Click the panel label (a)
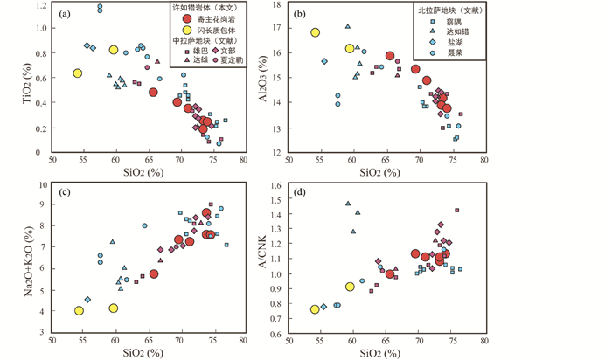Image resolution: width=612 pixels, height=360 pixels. (64, 14)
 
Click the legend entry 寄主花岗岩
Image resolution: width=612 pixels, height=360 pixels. (212, 19)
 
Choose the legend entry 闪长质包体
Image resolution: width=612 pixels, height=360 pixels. (212, 31)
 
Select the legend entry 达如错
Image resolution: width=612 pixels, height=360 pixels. (459, 31)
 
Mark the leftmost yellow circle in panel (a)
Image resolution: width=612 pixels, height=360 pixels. (77, 73)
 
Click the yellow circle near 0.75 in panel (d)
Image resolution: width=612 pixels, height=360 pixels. (315, 309)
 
